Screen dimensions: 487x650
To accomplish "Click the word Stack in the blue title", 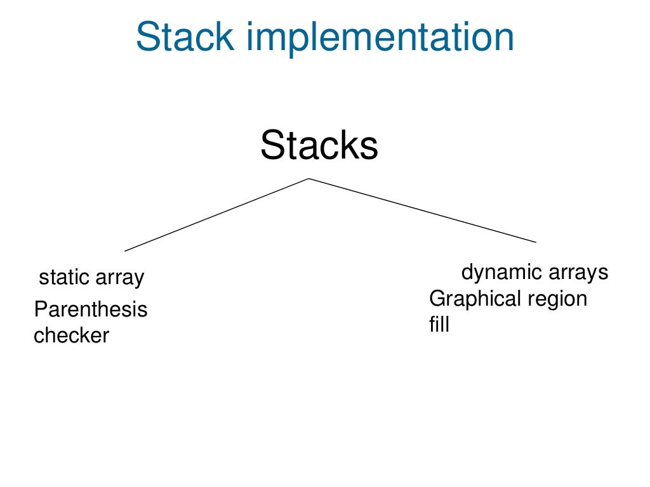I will tap(185, 37).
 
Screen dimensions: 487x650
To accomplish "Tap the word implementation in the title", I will tap(380, 38).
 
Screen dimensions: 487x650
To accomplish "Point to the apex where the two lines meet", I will tap(309, 178).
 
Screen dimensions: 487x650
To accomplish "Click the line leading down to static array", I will tap(216, 215).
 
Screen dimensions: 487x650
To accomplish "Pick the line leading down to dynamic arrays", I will tap(422, 210).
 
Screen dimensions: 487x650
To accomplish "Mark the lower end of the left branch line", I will tap(126, 251).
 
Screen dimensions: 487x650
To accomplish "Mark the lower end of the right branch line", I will tap(536, 242).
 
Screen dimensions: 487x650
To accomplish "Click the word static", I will tap(64, 277).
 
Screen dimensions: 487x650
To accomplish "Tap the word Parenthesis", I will tap(91, 310).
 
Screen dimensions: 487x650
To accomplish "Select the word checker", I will tap(71, 335).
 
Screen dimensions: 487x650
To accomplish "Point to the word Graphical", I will tap(471, 299).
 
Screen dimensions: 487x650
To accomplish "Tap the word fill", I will tap(439, 324).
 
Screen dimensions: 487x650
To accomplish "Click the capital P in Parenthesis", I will tap(40, 309).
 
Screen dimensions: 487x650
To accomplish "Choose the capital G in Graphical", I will tap(437, 298).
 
